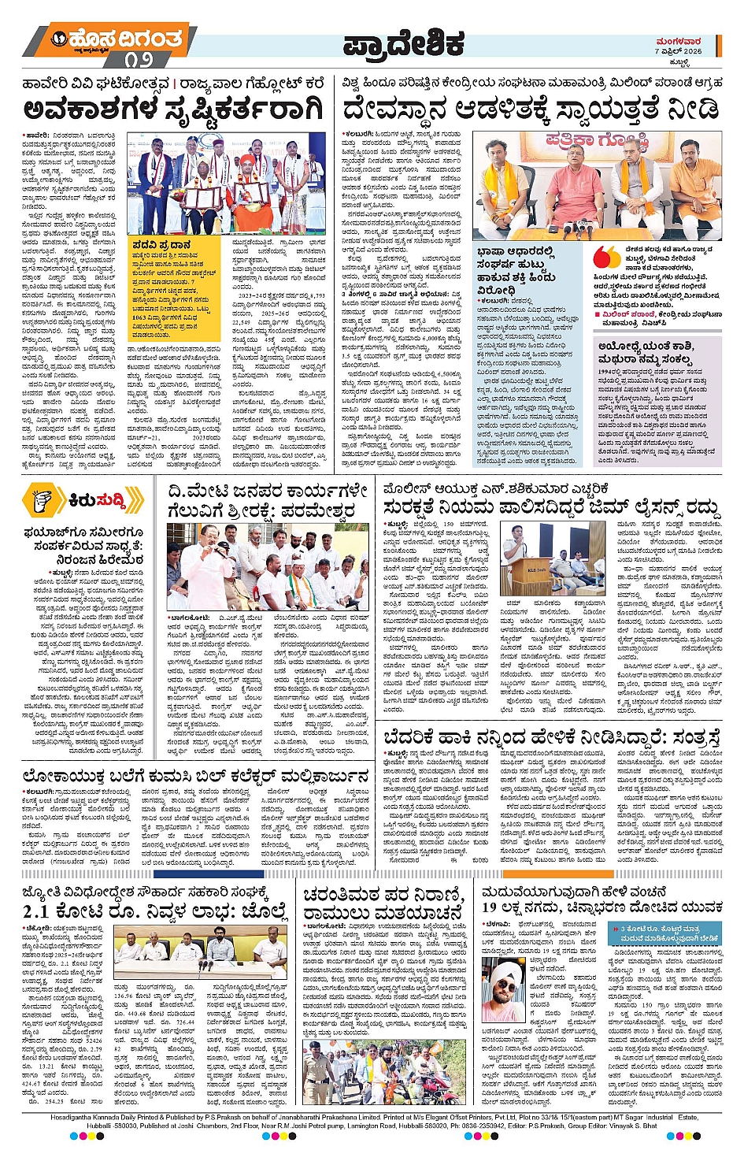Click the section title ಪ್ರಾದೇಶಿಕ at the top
click(403, 46)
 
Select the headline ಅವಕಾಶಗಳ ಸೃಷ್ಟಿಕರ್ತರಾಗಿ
click(173, 109)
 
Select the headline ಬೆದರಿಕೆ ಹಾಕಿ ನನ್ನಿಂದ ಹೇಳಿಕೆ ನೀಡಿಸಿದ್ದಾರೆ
click(551, 737)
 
